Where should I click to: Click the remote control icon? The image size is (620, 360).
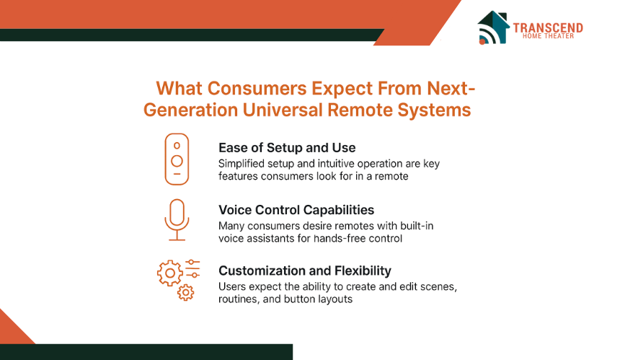click(x=177, y=159)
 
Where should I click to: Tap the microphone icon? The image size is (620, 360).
click(x=177, y=220)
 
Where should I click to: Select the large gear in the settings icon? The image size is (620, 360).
click(x=170, y=273)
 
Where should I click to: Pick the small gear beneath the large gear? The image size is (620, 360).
click(x=185, y=293)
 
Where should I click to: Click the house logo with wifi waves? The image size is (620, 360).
click(x=493, y=27)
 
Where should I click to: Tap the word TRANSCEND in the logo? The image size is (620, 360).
click(x=548, y=28)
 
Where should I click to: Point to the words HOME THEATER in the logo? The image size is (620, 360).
click(x=548, y=36)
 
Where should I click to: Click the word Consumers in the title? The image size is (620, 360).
click(x=257, y=88)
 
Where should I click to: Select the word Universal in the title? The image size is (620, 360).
click(x=283, y=110)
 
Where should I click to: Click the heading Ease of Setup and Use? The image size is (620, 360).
click(x=287, y=148)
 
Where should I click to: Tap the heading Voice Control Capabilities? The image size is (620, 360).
click(x=296, y=210)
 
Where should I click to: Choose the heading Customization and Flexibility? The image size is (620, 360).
click(x=305, y=271)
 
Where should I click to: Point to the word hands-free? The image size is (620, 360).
click(x=340, y=239)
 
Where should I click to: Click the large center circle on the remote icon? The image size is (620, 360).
click(x=177, y=161)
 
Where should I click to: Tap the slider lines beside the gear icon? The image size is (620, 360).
click(x=192, y=268)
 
